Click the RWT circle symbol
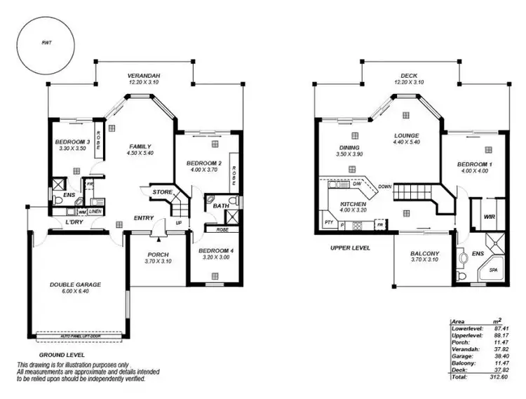(x=47, y=43)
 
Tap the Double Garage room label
(x=75, y=285)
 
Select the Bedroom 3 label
(x=73, y=142)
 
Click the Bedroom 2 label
(x=204, y=163)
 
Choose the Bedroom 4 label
(x=215, y=250)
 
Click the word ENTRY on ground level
(x=144, y=218)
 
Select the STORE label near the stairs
(x=163, y=191)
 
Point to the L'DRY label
(x=74, y=223)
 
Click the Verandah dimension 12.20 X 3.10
(x=144, y=83)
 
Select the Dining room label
(x=349, y=148)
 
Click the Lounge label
(x=406, y=135)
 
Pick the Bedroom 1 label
(x=475, y=164)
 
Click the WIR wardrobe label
(x=490, y=217)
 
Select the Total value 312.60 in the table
(x=499, y=377)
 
